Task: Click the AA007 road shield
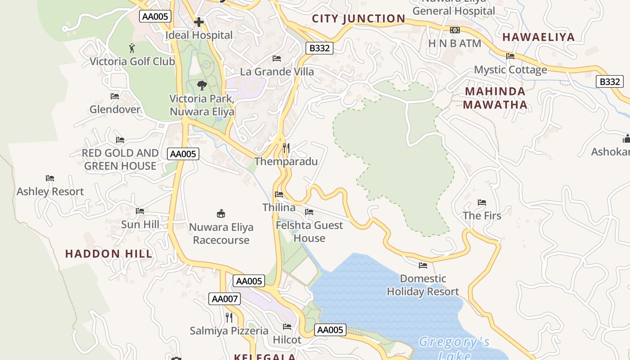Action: pos(225,298)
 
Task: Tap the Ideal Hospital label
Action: pos(199,35)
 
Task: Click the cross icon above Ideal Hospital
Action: pos(199,22)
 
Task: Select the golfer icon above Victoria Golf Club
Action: pos(131,48)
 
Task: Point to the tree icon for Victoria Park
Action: pos(202,85)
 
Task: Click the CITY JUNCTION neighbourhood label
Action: pos(359,18)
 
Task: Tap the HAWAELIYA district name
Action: pos(538,37)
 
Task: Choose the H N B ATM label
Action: pos(454,44)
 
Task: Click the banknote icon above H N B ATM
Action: pos(454,30)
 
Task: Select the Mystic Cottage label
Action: pos(510,70)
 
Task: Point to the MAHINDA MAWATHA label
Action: pos(495,98)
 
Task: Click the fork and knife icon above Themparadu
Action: pos(286,148)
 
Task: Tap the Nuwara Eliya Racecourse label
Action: pos(221,233)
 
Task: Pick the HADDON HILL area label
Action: pos(109,253)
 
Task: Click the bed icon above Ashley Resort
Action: pos(50,178)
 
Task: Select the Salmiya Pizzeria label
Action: pos(229,331)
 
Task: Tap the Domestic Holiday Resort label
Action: pos(423,285)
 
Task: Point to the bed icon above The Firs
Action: pos(482,202)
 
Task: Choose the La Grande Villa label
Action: pos(277,72)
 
